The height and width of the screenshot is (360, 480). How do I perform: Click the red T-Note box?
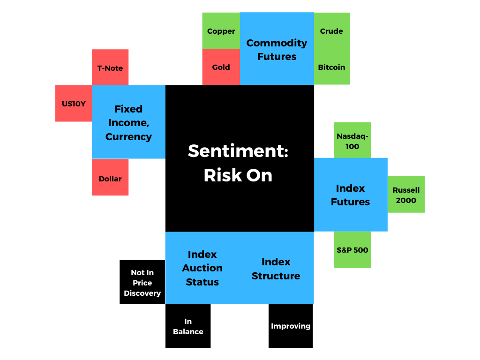[x=110, y=67]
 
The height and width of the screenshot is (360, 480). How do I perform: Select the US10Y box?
[x=74, y=104]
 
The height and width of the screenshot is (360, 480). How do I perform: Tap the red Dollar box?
[x=110, y=178]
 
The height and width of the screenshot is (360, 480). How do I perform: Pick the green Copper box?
[x=221, y=31]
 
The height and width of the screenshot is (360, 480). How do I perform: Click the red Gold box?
[x=221, y=67]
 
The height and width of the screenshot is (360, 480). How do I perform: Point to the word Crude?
[x=331, y=31]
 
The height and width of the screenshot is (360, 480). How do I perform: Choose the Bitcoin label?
[x=331, y=67]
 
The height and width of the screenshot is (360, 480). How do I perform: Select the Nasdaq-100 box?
[x=352, y=141]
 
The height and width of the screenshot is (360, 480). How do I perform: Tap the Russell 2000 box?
[x=406, y=195]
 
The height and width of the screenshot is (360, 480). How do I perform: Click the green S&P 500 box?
[x=352, y=249]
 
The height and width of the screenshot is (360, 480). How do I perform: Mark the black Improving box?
[x=291, y=326]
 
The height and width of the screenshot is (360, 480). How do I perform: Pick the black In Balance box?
[x=188, y=326]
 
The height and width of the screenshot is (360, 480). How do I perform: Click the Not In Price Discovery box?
[x=142, y=282]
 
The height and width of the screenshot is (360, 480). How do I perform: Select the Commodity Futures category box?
[x=277, y=49]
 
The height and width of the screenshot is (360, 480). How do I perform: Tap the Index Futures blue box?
[x=350, y=195]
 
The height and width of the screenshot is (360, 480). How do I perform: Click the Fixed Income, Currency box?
[x=128, y=122]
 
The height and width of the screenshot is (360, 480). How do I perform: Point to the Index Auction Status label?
[x=202, y=268]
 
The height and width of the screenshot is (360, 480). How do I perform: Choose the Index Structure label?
[x=276, y=269]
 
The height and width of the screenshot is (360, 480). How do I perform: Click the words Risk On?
[x=238, y=175]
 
